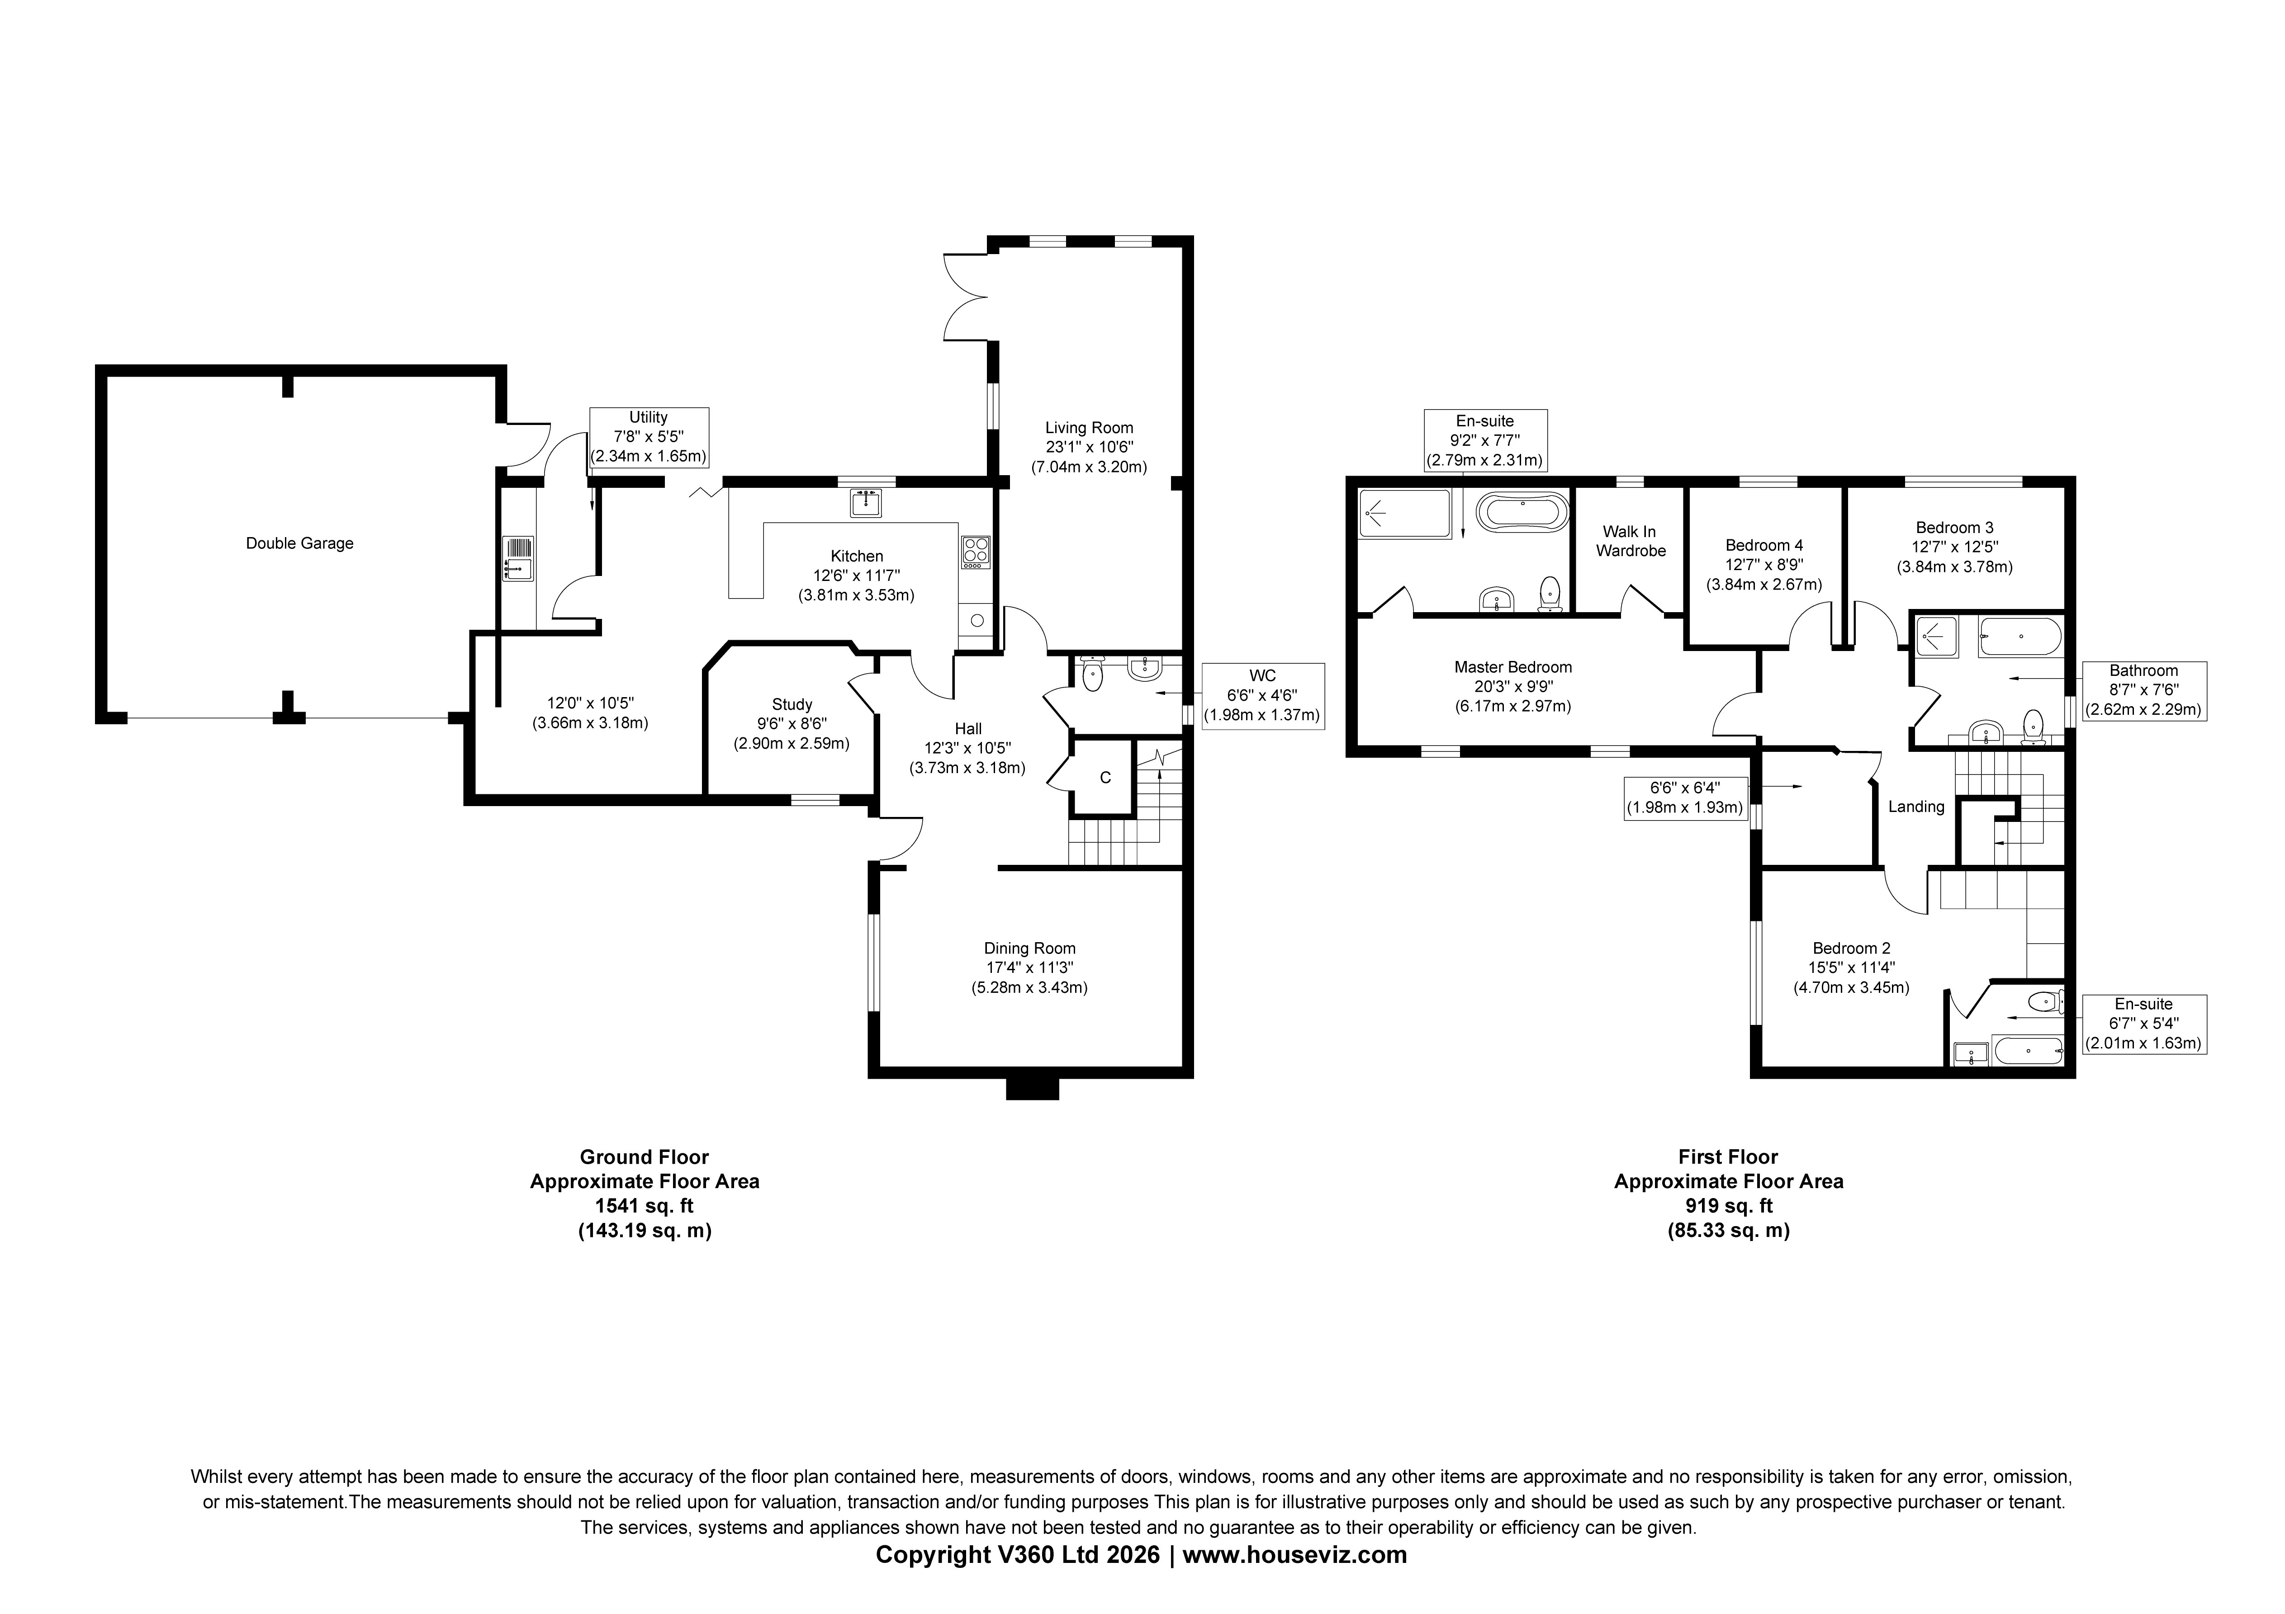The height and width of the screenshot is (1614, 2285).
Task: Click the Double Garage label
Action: pos(299,543)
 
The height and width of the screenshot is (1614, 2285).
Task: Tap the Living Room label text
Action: pos(1089,428)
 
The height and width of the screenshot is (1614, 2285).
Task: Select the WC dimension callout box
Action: pos(1262,695)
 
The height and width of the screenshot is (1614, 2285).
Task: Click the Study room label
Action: pos(792,704)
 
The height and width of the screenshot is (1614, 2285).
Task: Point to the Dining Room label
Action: pos(1030,949)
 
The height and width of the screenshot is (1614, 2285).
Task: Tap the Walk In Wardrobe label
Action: pos(1630,541)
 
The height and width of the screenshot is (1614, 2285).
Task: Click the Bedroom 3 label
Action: pos(1954,528)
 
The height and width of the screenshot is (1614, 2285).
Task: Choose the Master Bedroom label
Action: pos(1513,667)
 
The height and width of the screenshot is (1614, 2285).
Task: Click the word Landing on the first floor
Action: pos(1916,807)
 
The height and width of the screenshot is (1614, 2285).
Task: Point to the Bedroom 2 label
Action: pos(1851,949)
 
